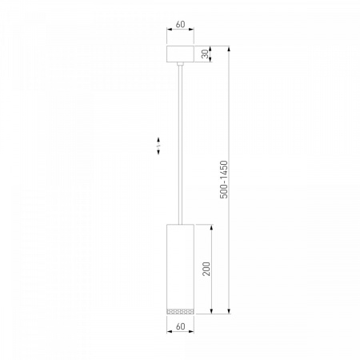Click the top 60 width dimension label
pos(180,24)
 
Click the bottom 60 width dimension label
pos(181,326)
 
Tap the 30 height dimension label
pos(205,54)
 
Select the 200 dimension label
pos(206,269)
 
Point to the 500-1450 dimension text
pos(224,179)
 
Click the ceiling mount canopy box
pos(180,54)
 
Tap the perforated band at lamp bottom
pos(180,311)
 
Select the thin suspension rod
pos(180,145)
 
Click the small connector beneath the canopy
pos(180,64)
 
